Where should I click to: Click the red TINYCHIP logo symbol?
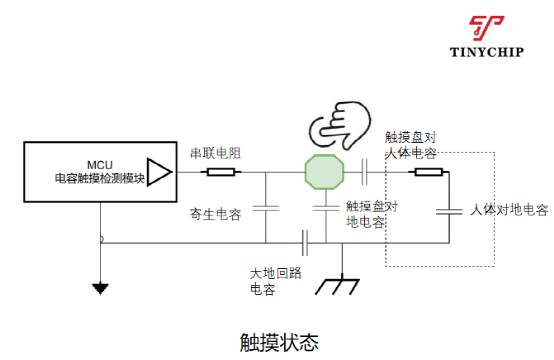click(487, 28)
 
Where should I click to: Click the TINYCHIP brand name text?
click(487, 52)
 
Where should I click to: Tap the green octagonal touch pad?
click(324, 172)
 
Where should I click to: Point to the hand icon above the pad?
click(340, 125)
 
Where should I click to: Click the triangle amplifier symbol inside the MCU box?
click(159, 172)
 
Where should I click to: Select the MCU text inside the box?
click(100, 165)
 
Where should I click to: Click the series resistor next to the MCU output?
click(221, 172)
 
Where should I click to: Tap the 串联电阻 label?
click(216, 153)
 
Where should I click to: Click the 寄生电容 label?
click(216, 214)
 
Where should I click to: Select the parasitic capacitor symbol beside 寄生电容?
click(266, 208)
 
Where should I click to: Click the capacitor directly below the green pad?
click(326, 208)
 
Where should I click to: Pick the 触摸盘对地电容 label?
click(372, 214)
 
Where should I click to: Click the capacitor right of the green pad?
click(364, 172)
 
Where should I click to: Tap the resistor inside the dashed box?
click(429, 172)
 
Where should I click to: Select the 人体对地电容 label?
click(509, 210)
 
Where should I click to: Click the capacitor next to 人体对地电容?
click(449, 212)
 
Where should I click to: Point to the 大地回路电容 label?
click(276, 281)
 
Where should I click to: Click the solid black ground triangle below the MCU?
click(100, 289)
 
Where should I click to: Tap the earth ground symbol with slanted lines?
click(337, 286)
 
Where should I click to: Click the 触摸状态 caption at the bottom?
click(279, 342)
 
